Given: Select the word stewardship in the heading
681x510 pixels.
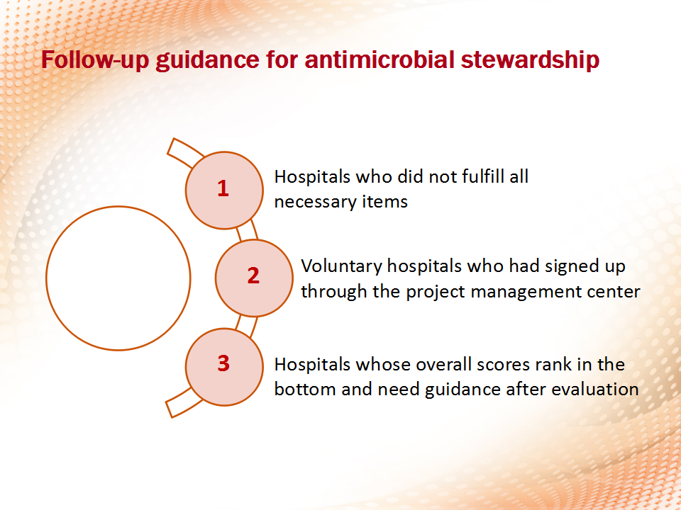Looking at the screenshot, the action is (x=530, y=60).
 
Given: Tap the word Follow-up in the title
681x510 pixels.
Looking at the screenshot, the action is (x=95, y=60).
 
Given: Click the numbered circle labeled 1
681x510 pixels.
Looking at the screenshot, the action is (x=224, y=190).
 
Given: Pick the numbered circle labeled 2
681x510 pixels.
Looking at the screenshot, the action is (x=254, y=278).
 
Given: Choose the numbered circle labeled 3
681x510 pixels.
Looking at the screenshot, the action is (x=224, y=367).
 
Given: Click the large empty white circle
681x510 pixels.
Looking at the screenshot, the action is (x=118, y=278).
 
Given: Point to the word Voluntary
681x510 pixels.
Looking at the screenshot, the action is (x=341, y=266).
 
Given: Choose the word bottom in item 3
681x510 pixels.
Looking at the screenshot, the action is (x=305, y=389).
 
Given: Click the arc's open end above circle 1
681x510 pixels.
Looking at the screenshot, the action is (x=171, y=146).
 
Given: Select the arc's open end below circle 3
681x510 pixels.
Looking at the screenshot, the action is (x=169, y=410).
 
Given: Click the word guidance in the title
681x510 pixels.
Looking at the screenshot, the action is (x=207, y=60).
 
